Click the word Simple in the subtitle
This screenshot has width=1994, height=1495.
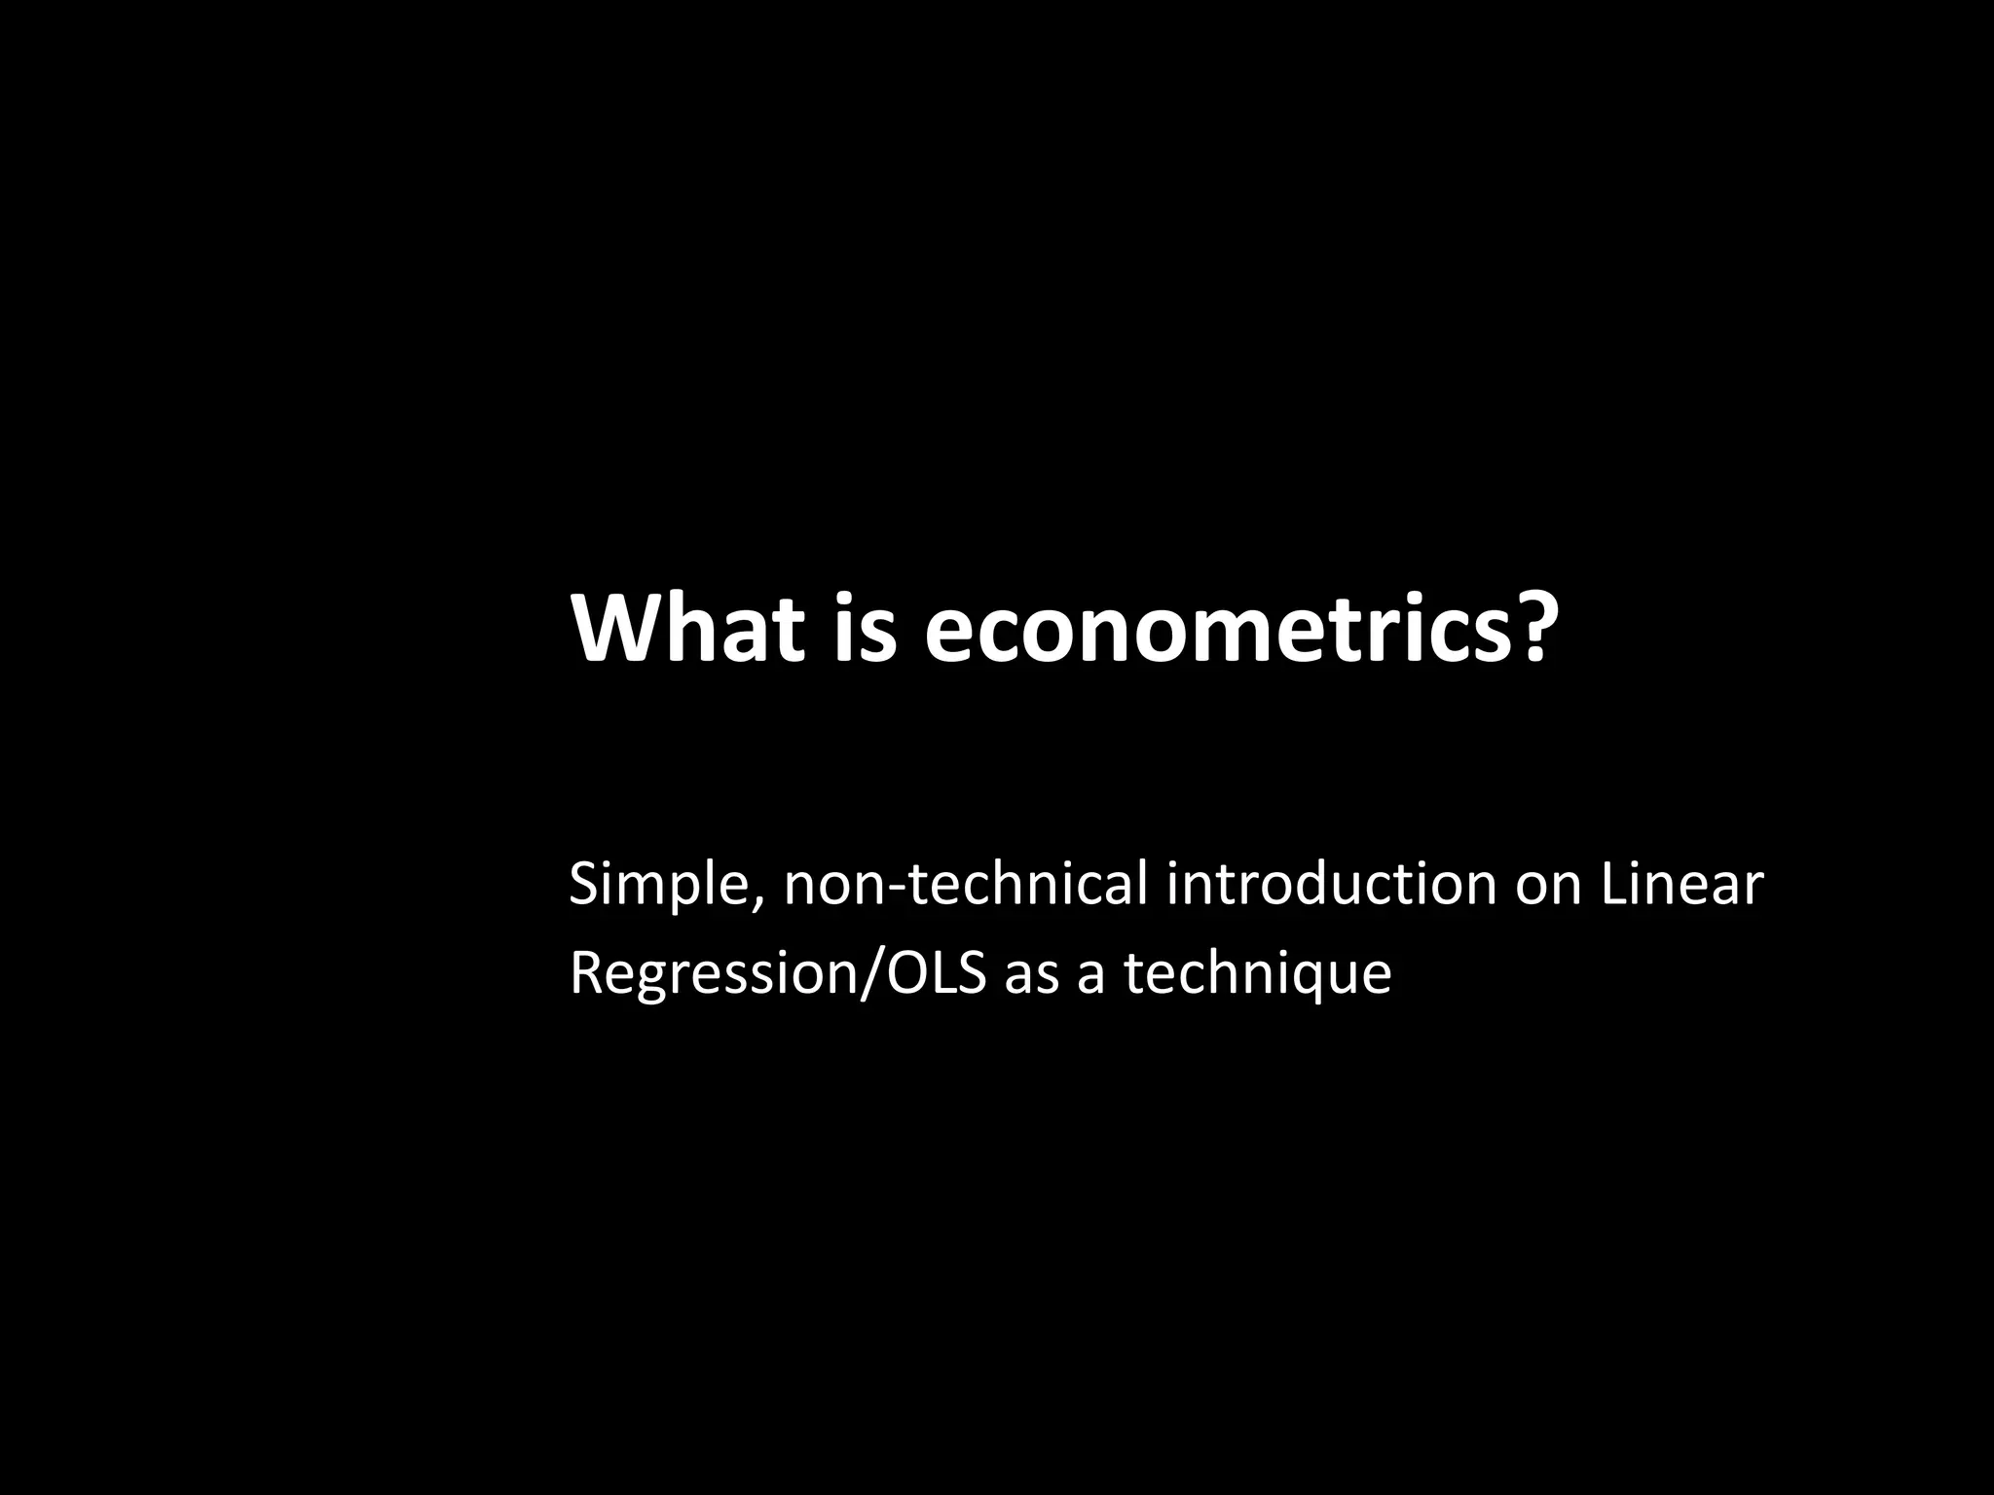pos(656,886)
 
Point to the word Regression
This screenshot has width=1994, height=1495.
pos(709,973)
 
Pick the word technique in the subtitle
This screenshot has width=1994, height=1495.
pos(1258,973)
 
